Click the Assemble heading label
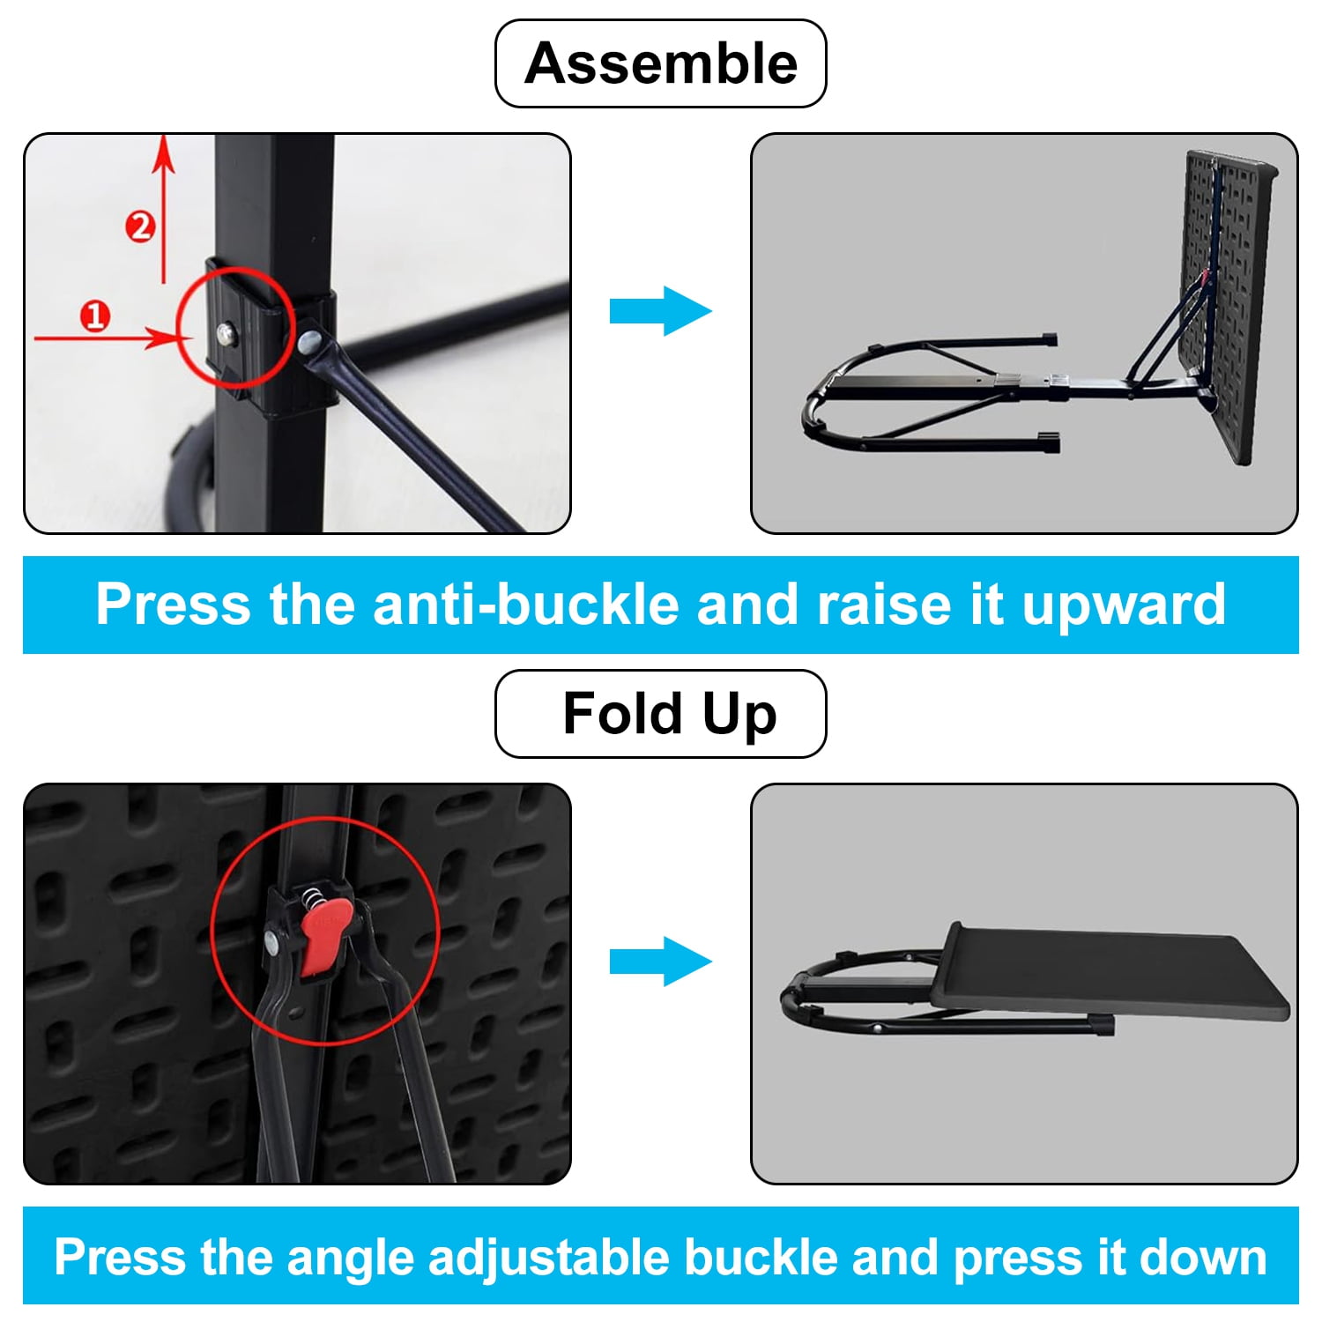click(661, 63)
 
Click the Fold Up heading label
click(661, 714)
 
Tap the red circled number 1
click(95, 316)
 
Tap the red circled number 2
click(140, 227)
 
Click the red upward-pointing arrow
click(163, 209)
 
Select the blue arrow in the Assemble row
click(661, 311)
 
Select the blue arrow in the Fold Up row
click(661, 962)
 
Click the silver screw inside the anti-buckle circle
click(228, 332)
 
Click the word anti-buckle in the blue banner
click(528, 605)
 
